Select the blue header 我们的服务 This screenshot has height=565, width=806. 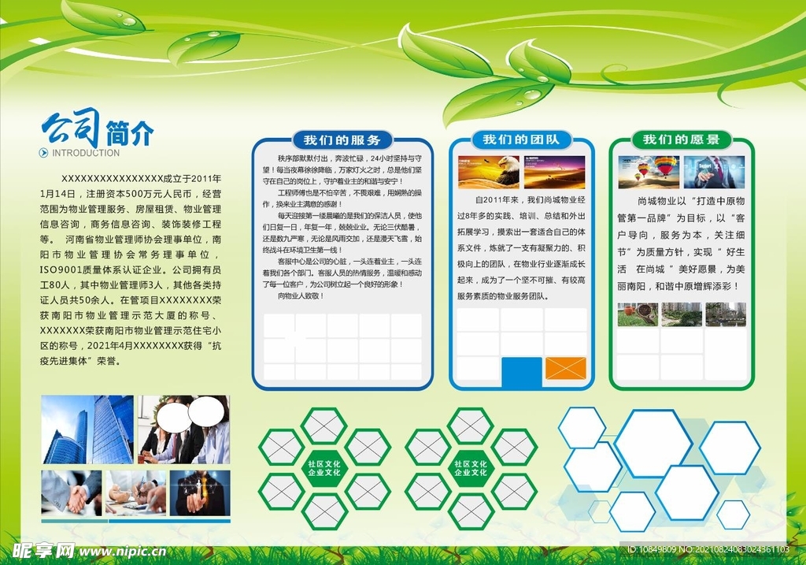coord(342,140)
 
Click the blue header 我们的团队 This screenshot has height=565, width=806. coord(520,139)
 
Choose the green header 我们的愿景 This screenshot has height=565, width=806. coord(681,139)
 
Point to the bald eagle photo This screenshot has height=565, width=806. coord(489,173)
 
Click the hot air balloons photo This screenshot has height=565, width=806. coord(649,172)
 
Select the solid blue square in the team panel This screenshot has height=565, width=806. coord(521,372)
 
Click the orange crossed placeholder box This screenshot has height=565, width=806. coord(565,368)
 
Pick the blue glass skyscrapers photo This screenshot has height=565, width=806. coord(88,429)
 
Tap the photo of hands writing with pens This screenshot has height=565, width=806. coord(135,493)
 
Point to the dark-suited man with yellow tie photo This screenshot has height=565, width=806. coord(199,493)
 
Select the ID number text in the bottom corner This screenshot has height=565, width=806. coord(708,549)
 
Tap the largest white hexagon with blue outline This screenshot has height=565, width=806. coord(653,443)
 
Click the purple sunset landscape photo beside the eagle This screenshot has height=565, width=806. coord(555,173)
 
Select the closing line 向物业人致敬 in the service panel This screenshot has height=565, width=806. coord(301,296)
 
